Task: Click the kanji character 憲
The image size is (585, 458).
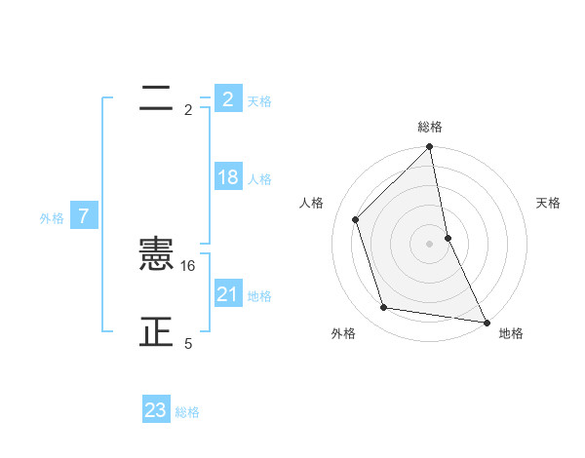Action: point(156,255)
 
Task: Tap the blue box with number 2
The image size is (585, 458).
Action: point(227,99)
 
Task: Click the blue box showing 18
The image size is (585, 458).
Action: point(227,177)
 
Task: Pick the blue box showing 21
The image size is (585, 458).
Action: point(227,294)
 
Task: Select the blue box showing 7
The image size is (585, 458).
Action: point(84,216)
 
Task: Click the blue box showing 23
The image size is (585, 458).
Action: point(156,410)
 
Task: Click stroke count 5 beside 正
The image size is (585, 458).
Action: point(188,344)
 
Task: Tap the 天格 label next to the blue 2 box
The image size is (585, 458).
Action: point(259,101)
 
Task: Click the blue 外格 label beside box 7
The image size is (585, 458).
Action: point(52,218)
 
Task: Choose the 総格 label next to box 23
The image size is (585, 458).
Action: point(187,412)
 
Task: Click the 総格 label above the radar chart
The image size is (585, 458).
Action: point(430,127)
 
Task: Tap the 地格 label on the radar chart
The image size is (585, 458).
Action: point(511,333)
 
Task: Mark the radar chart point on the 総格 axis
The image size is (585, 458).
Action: point(430,148)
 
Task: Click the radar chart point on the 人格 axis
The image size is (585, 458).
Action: point(356,219)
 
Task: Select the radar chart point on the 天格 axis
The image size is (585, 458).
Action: point(448,237)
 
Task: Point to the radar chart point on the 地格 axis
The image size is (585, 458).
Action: point(486,321)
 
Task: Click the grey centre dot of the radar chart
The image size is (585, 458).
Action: point(430,243)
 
